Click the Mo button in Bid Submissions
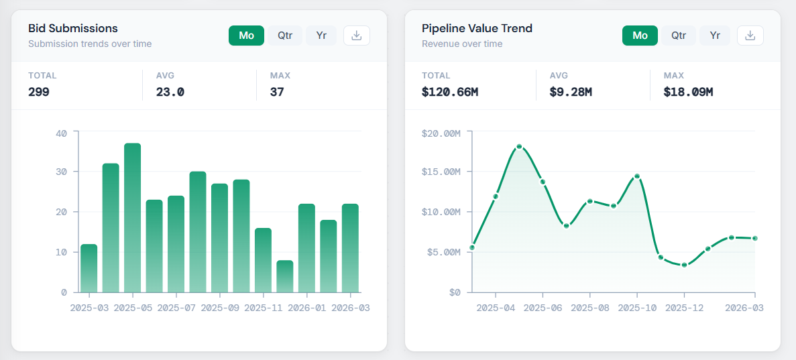[247, 36]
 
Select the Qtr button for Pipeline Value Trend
[679, 36]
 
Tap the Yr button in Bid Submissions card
[321, 36]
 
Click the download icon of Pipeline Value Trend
[750, 36]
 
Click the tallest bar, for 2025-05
[132, 218]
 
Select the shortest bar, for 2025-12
[285, 276]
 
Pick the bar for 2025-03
[89, 268]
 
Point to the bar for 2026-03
[350, 248]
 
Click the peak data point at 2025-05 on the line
[519, 146]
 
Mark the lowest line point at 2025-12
[684, 265]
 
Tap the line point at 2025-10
[637, 176]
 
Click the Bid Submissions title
[73, 28]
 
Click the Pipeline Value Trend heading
[477, 28]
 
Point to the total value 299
[39, 92]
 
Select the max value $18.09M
[688, 92]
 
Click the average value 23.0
[170, 92]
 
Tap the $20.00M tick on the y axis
[441, 133]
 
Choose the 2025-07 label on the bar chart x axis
[176, 308]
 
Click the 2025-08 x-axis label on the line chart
[590, 308]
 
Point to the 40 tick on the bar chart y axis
[62, 133]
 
